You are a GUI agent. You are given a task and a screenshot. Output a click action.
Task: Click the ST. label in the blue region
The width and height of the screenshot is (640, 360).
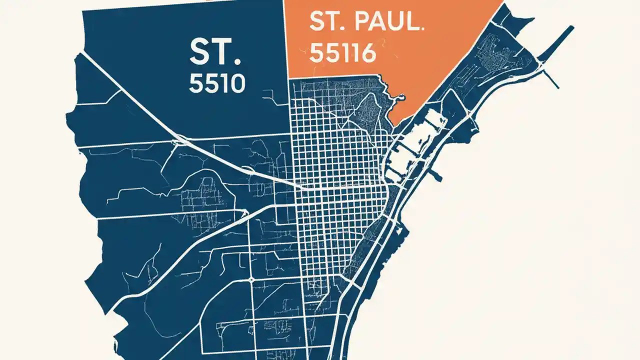215,52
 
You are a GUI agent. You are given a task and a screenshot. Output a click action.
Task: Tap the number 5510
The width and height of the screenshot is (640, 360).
217,83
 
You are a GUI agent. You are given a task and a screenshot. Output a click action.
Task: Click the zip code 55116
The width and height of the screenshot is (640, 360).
342,52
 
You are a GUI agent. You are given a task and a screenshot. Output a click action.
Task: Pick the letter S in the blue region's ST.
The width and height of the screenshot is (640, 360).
200,52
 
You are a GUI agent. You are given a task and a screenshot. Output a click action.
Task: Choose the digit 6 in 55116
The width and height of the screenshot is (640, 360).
367,52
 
